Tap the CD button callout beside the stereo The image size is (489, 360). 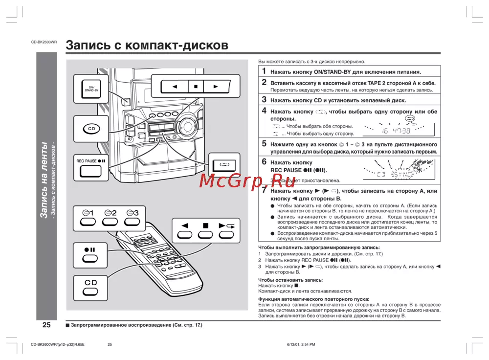[x=91, y=129]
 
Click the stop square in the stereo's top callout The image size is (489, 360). [x=195, y=87]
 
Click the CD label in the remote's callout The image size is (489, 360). [x=91, y=283]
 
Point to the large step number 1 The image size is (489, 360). [x=264, y=71]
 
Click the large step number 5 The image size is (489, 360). [x=264, y=144]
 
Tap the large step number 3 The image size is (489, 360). [x=264, y=100]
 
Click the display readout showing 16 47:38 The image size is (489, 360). [x=396, y=131]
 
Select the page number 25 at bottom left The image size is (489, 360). [x=46, y=325]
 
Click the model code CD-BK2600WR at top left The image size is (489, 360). [x=44, y=43]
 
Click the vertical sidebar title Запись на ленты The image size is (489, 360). [x=44, y=181]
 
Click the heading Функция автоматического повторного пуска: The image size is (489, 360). [x=313, y=299]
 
